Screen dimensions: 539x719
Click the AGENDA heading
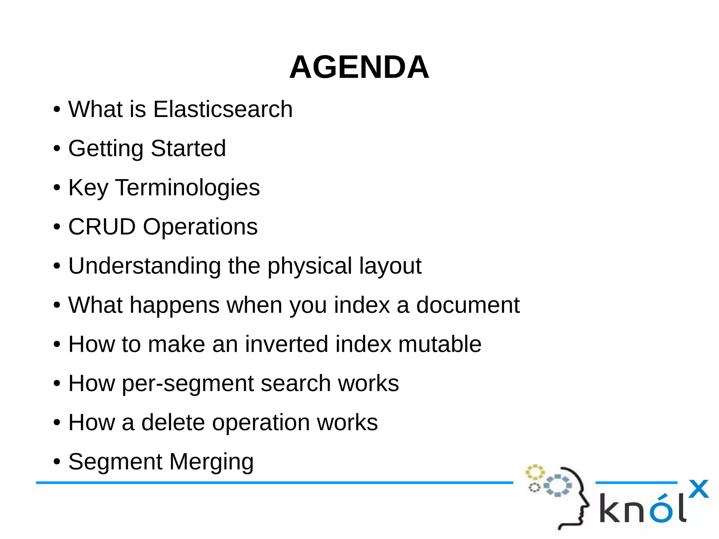(359, 67)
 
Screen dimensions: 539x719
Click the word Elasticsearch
(223, 109)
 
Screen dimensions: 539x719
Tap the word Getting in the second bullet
(106, 149)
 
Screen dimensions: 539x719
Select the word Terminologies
(187, 188)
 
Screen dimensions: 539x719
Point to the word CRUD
(102, 226)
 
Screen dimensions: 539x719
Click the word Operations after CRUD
(200, 227)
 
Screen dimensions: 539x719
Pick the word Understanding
(144, 266)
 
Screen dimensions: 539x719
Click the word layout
(390, 266)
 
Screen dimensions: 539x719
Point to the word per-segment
(187, 383)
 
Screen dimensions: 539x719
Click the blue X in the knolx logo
(698, 489)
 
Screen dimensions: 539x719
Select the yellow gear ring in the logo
(535, 472)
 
